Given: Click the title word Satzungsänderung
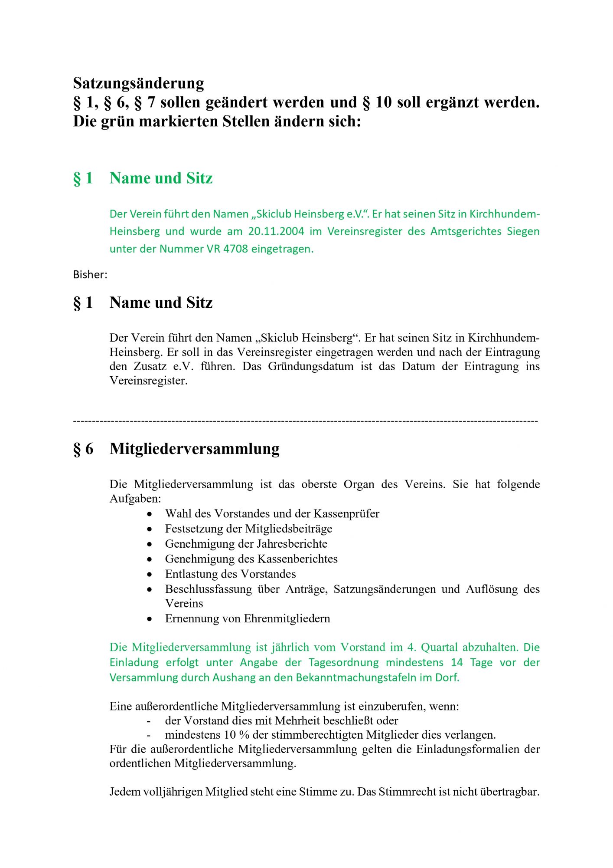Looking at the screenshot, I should tap(138, 83).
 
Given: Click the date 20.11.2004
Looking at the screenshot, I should tap(276, 231).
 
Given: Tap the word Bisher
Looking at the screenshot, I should tap(89, 275).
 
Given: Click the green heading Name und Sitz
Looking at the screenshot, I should tap(161, 178).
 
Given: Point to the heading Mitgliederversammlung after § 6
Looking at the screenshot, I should tap(195, 448).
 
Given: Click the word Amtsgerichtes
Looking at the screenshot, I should tap(465, 231).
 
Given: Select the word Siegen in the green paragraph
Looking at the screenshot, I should tap(523, 231).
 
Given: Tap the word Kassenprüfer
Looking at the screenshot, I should tap(346, 514).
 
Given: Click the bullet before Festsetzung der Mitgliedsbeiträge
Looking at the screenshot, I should tap(150, 529).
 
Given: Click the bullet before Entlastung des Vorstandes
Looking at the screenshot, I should tap(150, 574).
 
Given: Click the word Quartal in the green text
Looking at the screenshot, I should tap(440, 647).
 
